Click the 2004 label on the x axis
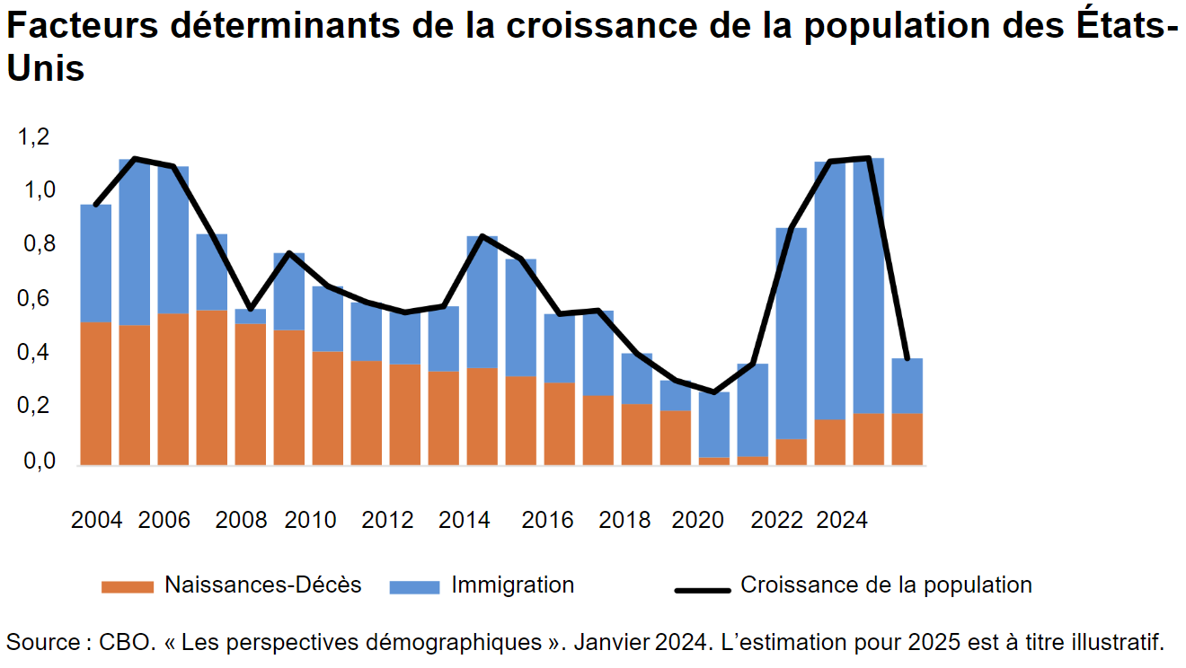pyautogui.click(x=96, y=520)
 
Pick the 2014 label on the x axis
pyautogui.click(x=465, y=520)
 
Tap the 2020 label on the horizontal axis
pyautogui.click(x=698, y=520)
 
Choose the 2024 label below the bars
pyautogui.click(x=842, y=520)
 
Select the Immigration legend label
pyautogui.click(x=512, y=585)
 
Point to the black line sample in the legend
pyautogui.click(x=702, y=590)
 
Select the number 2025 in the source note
pyautogui.click(x=935, y=642)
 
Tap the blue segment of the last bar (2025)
pyautogui.click(x=907, y=385)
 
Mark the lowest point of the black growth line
pyautogui.click(x=714, y=392)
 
